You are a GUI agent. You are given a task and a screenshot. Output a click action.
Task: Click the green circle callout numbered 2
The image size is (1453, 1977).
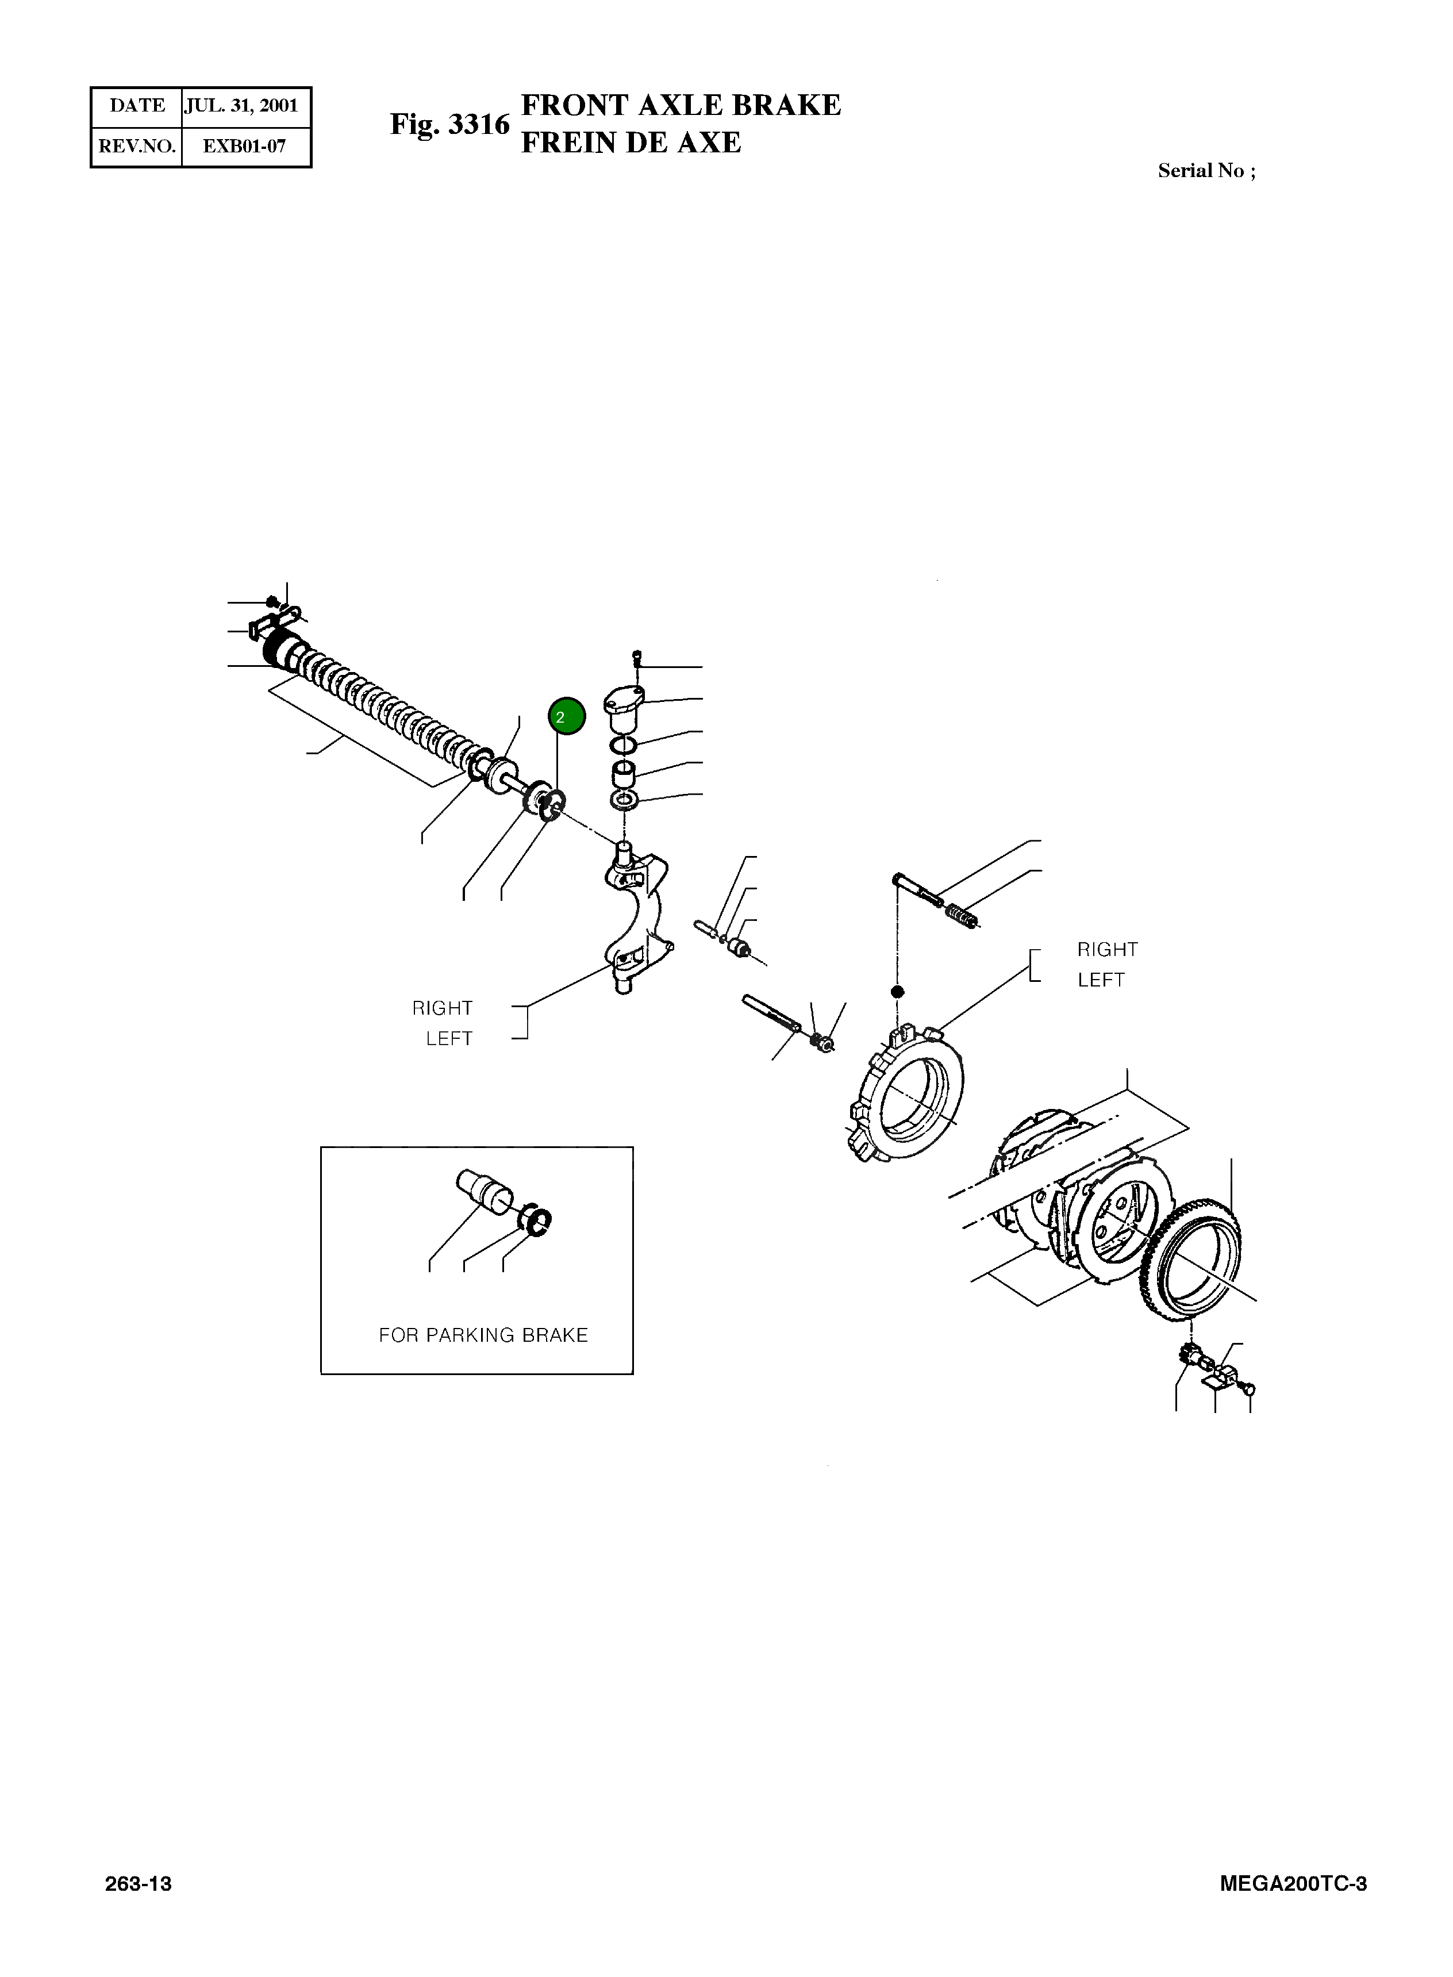tap(566, 716)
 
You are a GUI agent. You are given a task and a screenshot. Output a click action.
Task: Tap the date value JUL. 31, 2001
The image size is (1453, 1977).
tap(241, 106)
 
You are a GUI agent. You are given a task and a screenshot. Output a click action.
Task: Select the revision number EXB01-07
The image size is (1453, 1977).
tap(244, 146)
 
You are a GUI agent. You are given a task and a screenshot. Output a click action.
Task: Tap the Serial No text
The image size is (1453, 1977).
tap(1206, 171)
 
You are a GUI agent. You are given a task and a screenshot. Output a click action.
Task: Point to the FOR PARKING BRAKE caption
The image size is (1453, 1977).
tap(483, 1335)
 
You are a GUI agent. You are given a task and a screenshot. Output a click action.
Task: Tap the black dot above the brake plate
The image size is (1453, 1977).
tap(897, 992)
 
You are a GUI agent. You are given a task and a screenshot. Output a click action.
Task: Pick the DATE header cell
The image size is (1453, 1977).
tap(137, 106)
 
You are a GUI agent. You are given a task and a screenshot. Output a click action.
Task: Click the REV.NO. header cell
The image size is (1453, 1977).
tap(137, 146)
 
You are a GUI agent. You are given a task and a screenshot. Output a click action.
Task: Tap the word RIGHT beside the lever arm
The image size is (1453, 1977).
tap(443, 1008)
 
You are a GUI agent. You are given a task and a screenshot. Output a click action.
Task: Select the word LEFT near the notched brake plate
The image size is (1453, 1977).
tap(1101, 980)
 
